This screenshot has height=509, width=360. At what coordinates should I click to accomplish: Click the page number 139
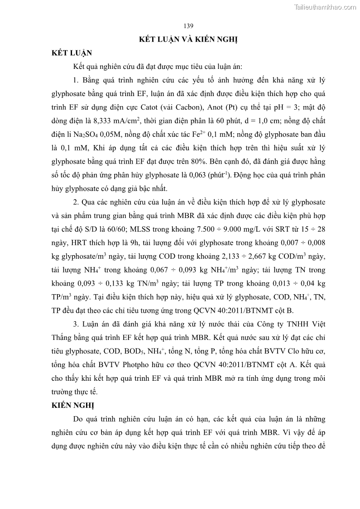click(189, 25)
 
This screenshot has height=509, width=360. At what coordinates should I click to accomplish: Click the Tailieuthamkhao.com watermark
click(325, 7)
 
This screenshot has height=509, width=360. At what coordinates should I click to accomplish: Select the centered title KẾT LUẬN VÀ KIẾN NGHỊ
click(188, 39)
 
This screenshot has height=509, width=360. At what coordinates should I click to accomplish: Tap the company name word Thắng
click(63, 339)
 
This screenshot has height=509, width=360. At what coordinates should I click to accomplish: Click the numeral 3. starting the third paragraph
click(76, 325)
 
